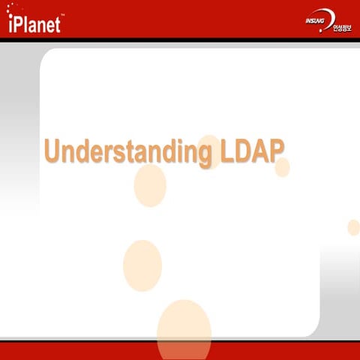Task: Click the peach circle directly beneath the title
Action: click(x=150, y=186)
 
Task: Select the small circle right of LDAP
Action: click(x=282, y=167)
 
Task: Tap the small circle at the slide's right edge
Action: click(x=353, y=227)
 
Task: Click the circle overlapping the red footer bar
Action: click(x=184, y=330)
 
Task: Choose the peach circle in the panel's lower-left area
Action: click(x=142, y=266)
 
